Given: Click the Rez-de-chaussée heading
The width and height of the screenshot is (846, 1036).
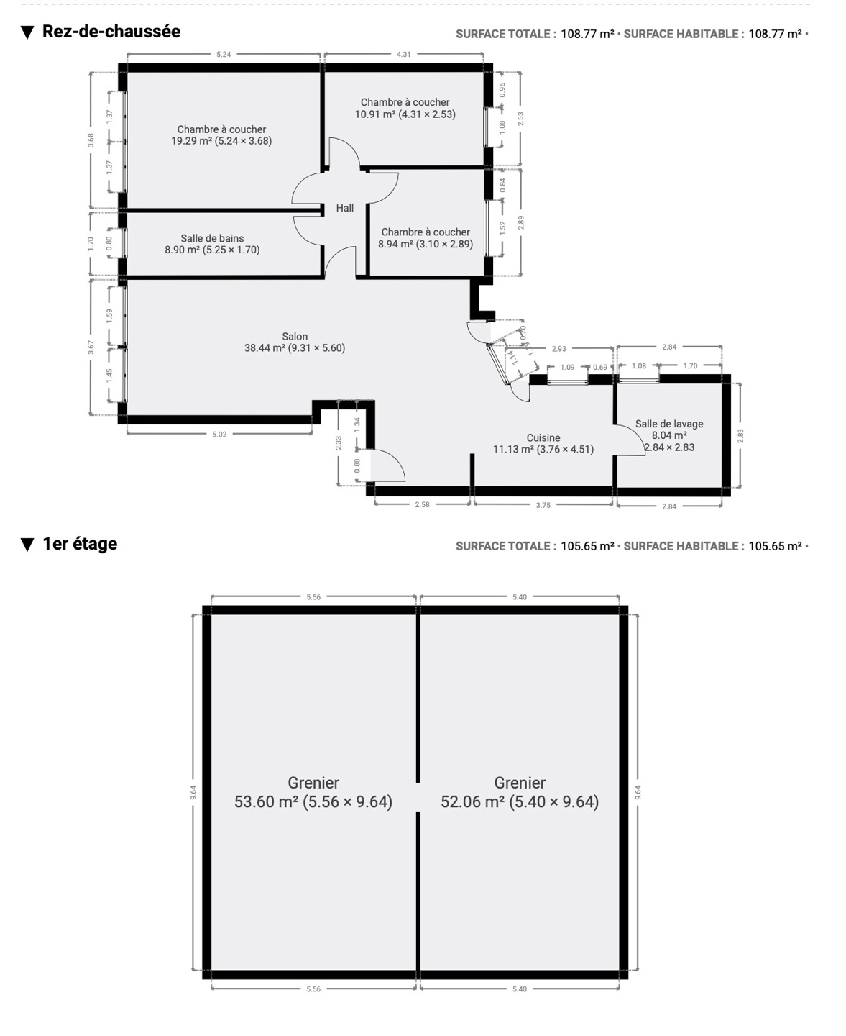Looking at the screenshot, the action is (111, 32).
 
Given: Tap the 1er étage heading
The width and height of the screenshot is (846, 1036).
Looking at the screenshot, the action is (80, 544).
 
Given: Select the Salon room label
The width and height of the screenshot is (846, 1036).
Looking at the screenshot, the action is (295, 342).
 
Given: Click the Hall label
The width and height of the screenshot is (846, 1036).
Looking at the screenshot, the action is (344, 208).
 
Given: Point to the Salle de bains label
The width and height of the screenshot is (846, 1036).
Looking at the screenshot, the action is (212, 244).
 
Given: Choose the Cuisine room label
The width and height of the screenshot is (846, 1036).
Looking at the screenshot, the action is (543, 444).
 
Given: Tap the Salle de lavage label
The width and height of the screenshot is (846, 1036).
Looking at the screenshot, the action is (669, 436).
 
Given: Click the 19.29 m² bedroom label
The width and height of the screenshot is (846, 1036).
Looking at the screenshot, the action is (221, 135).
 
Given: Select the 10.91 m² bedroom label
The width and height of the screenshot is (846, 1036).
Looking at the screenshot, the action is (405, 108).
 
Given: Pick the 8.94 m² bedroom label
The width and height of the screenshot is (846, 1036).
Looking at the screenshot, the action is (426, 237).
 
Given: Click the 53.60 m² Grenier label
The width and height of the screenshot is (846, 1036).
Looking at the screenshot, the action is (313, 792).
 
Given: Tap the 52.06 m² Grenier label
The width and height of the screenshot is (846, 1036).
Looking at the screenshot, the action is (520, 792).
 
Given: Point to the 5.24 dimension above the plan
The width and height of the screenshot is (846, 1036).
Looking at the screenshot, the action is (224, 55).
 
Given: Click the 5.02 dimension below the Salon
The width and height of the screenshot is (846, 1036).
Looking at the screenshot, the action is (219, 435).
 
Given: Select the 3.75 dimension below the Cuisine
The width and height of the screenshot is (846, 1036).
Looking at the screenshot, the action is (543, 505).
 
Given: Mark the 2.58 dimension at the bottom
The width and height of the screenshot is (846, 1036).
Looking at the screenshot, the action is (422, 504).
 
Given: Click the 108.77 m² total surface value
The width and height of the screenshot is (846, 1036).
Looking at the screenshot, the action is (587, 34).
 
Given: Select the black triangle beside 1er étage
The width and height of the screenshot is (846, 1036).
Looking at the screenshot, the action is (27, 545).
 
